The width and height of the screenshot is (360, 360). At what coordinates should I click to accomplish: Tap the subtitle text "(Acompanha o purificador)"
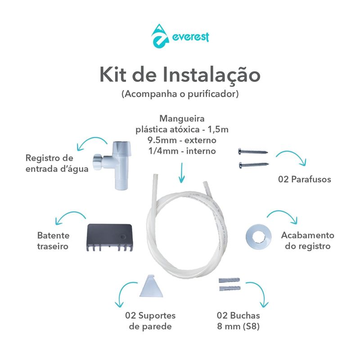coord(180,94)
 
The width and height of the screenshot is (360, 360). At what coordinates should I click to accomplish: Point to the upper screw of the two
coord(252,152)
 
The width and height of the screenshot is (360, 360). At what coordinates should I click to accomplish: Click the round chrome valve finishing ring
coord(257,235)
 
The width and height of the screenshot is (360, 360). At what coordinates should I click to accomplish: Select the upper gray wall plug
coord(227,281)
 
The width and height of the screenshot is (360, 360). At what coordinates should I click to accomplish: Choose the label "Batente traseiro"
coord(53,241)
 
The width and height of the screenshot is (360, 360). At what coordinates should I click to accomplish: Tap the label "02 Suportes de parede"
coord(150,321)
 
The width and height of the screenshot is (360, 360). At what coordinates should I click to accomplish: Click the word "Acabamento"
coord(307,235)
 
